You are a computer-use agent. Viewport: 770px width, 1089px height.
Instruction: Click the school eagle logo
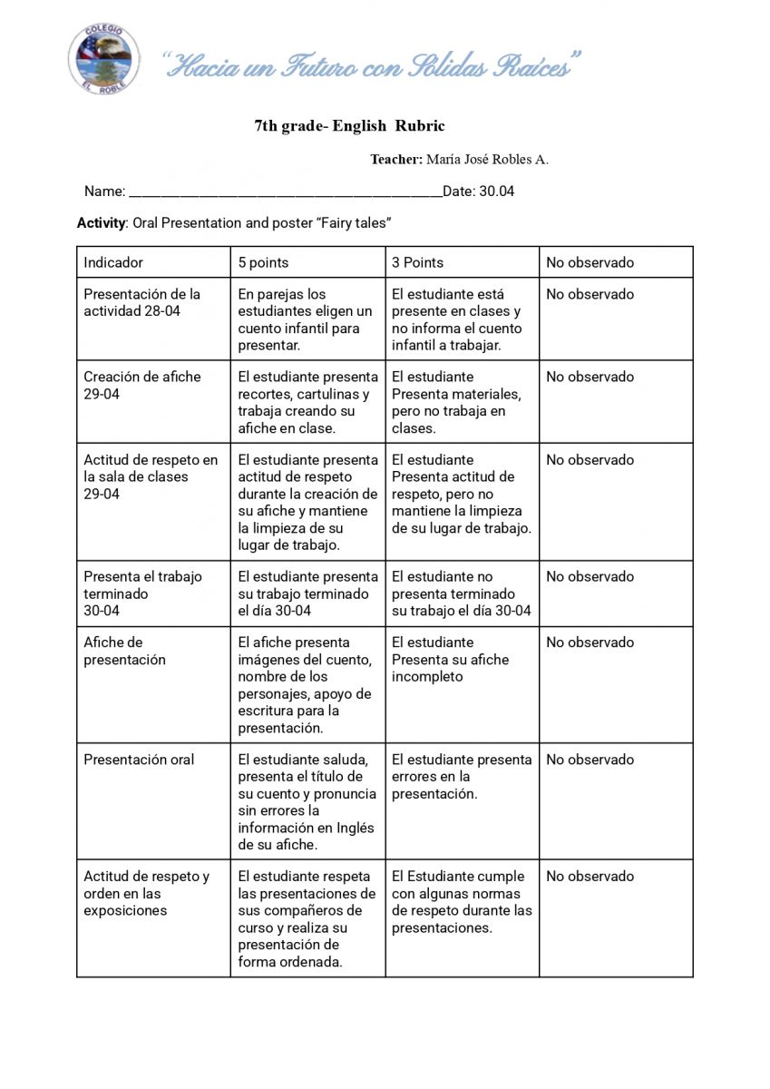pyautogui.click(x=103, y=59)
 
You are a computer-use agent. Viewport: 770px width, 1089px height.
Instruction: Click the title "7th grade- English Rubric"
pyautogui.click(x=349, y=126)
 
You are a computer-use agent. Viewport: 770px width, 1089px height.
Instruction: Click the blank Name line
pyautogui.click(x=285, y=192)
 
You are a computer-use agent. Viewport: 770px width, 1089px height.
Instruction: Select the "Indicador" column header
pyautogui.click(x=113, y=262)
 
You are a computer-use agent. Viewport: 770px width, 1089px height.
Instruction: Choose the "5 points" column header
pyautogui.click(x=263, y=262)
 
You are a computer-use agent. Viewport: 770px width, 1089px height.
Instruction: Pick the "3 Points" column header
pyautogui.click(x=417, y=262)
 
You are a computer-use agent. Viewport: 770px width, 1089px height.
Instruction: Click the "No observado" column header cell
pyautogui.click(x=590, y=262)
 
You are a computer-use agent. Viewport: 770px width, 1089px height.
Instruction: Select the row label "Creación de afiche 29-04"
pyautogui.click(x=142, y=386)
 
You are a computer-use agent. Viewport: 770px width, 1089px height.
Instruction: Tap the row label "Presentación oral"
pyautogui.click(x=139, y=760)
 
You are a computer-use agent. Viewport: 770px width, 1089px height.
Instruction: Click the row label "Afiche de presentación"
pyautogui.click(x=125, y=652)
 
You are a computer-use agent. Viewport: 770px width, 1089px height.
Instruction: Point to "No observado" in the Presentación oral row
pyautogui.click(x=590, y=760)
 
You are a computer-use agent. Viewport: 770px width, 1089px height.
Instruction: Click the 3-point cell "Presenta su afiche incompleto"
pyautogui.click(x=450, y=660)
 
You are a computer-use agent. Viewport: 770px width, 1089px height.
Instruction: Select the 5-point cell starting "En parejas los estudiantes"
pyautogui.click(x=305, y=319)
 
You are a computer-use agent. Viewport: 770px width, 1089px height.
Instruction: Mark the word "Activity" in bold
pyautogui.click(x=101, y=223)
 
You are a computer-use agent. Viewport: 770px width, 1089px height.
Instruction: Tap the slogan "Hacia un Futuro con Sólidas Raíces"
pyautogui.click(x=372, y=66)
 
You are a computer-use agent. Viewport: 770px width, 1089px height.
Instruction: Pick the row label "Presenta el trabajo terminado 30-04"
pyautogui.click(x=142, y=594)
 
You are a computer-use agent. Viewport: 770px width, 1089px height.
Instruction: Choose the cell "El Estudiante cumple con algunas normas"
pyautogui.click(x=461, y=902)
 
